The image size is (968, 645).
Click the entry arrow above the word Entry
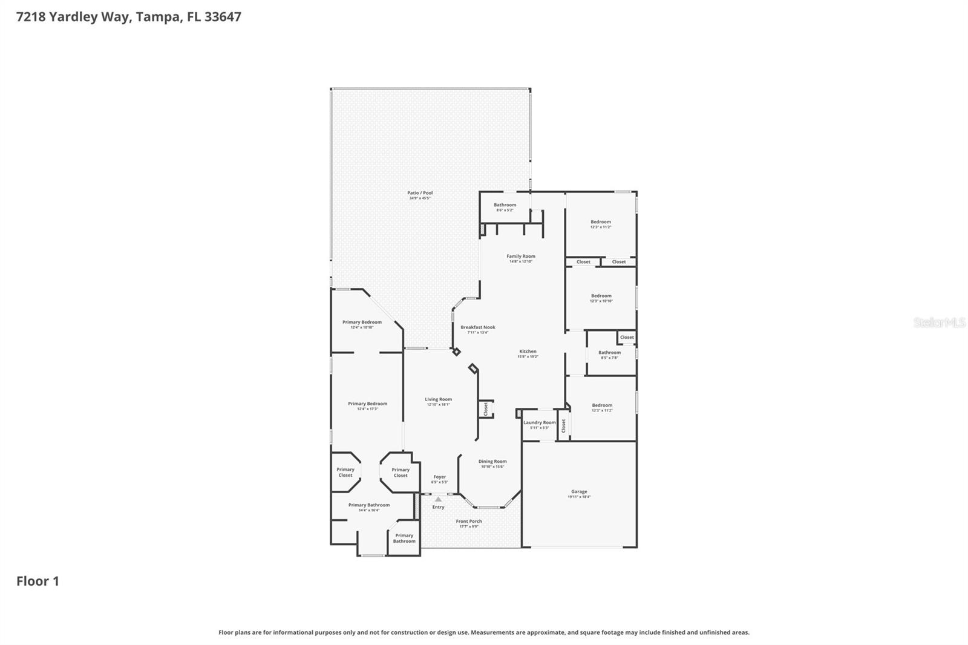coord(438,499)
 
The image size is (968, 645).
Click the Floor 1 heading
coord(38,581)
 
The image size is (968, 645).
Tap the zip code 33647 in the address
coord(223,17)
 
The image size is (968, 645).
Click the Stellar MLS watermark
coord(939,322)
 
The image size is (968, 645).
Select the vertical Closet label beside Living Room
coord(486,409)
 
